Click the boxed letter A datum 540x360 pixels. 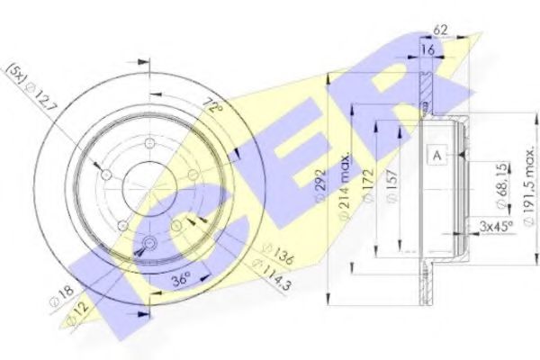click(437, 156)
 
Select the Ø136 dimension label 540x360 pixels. click(275, 255)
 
